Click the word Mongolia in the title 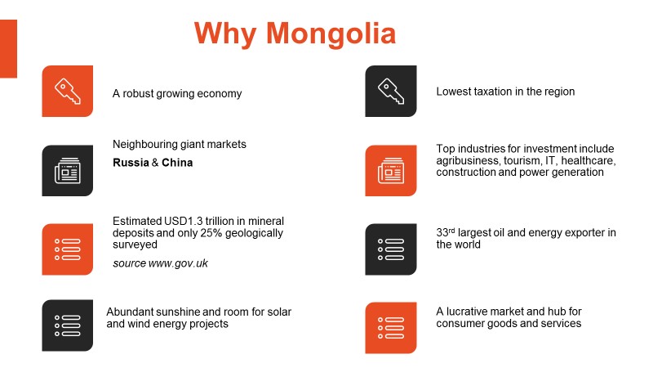[x=331, y=34]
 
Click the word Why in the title [x=225, y=34]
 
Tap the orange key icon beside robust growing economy [x=68, y=91]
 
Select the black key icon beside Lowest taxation [x=391, y=91]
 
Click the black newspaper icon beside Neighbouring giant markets [x=68, y=171]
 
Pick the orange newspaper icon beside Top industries [x=391, y=171]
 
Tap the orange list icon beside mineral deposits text [x=68, y=249]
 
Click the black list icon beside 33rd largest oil [x=391, y=249]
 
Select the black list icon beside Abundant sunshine [x=68, y=325]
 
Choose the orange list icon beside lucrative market [x=391, y=328]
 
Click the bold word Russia [x=131, y=163]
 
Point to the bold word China [x=177, y=163]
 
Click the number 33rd [x=445, y=232]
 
